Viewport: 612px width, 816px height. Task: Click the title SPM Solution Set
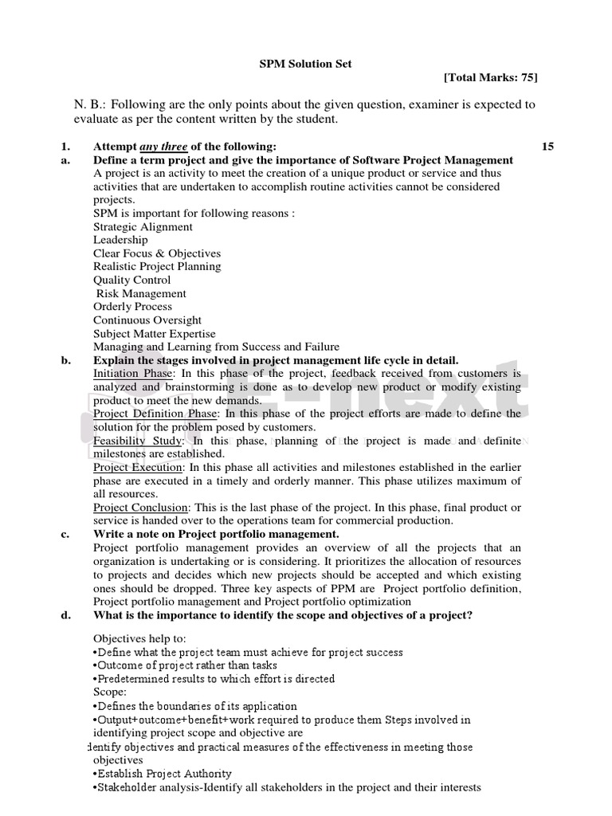tap(306, 64)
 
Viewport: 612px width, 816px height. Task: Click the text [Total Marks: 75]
tap(490, 77)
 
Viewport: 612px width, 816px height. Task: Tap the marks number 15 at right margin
tap(547, 147)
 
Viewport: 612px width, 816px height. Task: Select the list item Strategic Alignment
tap(143, 226)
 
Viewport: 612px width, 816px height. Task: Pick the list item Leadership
tap(120, 240)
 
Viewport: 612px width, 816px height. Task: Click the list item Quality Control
tap(131, 280)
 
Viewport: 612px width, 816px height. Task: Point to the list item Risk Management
tap(141, 293)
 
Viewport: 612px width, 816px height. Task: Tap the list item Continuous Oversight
tap(147, 320)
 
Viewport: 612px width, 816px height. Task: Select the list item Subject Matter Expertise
tap(154, 334)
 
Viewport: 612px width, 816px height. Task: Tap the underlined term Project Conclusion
tap(141, 508)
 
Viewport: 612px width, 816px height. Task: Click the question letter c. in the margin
tap(65, 534)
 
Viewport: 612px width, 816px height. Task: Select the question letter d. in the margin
tap(65, 614)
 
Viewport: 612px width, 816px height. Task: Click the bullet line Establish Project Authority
tap(163, 774)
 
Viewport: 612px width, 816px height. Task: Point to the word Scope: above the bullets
tap(110, 692)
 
